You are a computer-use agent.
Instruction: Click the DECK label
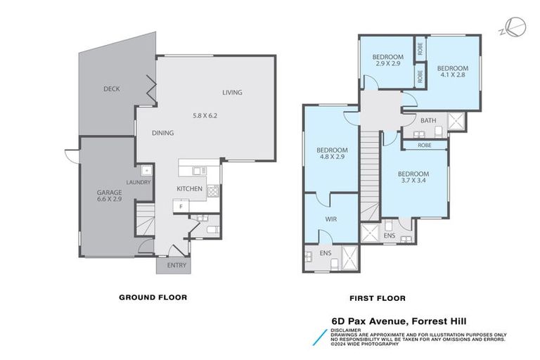111,89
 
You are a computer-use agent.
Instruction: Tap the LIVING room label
232,93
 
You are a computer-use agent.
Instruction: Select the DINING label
162,133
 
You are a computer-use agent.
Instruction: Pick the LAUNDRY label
138,183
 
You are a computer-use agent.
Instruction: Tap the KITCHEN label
190,188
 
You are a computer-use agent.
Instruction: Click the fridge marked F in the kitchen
181,207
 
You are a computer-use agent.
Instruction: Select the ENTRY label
176,265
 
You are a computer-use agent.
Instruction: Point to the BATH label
428,121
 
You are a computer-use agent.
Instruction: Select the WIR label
331,219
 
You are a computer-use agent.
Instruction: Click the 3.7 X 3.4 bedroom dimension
413,181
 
